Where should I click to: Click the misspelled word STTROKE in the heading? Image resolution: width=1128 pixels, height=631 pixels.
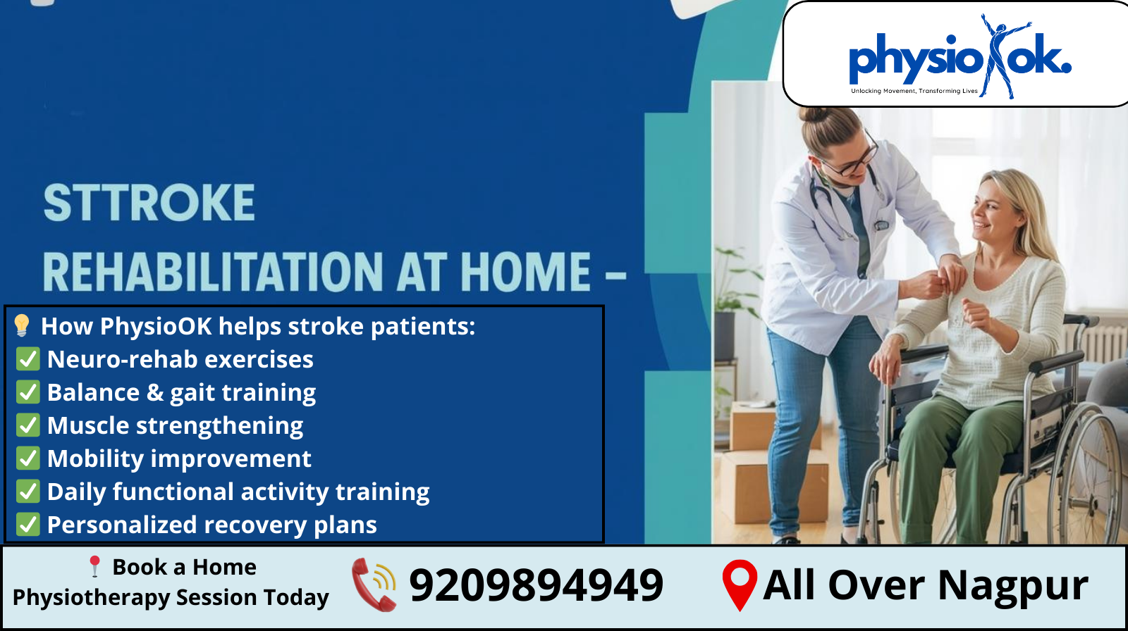pos(149,203)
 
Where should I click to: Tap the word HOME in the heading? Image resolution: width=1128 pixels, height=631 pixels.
pos(525,272)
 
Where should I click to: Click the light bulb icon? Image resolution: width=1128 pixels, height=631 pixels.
pos(22,325)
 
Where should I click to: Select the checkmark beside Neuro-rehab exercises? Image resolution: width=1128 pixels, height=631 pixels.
pos(27,358)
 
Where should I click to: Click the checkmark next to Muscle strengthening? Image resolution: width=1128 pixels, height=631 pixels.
pos(27,425)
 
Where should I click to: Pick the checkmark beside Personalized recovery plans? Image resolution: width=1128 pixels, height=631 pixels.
pos(27,525)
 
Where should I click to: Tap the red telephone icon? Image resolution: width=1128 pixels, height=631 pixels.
pos(374,585)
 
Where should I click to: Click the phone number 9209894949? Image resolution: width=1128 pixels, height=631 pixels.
pos(537,585)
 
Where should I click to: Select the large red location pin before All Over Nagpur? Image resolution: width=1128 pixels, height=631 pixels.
pos(740,585)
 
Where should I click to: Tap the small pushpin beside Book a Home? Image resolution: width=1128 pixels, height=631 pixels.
pos(94,566)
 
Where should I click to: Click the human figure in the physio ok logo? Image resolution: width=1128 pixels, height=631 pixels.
pos(1000,56)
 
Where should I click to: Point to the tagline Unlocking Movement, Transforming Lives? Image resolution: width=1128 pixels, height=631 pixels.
pos(914,91)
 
